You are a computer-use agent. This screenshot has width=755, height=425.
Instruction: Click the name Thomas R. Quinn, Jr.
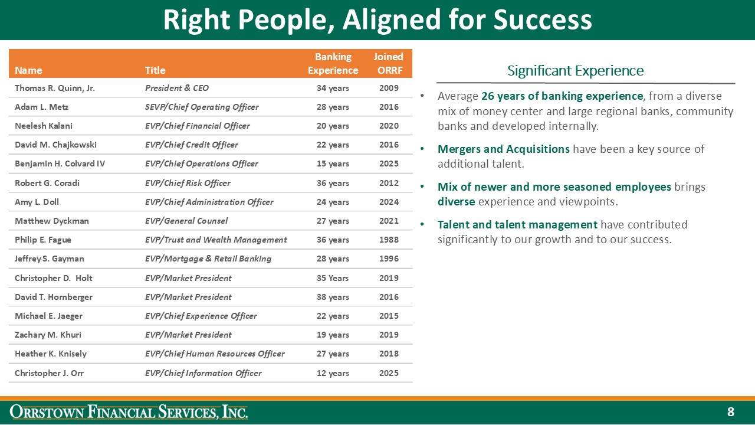[55, 88]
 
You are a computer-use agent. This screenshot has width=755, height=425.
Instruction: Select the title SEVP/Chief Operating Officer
[202, 107]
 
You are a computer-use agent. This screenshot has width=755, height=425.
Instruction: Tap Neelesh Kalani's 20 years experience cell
[333, 126]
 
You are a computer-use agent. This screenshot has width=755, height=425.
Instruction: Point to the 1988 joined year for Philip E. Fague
[389, 240]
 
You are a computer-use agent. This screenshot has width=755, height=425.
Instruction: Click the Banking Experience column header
[333, 64]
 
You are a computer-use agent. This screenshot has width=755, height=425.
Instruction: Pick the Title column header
[155, 70]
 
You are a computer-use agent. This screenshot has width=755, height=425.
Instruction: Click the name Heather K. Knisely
[51, 354]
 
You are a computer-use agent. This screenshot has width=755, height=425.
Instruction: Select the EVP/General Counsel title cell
[186, 221]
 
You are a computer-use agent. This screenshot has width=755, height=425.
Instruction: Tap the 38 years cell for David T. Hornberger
[333, 297]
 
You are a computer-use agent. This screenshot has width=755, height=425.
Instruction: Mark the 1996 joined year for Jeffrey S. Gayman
[389, 259]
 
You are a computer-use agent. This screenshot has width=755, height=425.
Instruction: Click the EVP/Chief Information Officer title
[203, 373]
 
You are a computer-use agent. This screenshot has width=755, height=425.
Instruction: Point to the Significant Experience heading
[575, 71]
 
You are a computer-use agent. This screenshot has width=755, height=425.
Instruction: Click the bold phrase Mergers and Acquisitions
[503, 149]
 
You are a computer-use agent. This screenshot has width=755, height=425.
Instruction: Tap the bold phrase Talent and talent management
[517, 224]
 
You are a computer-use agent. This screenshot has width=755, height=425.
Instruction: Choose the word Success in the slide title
[543, 19]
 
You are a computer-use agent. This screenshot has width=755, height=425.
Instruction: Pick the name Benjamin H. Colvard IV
[60, 164]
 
